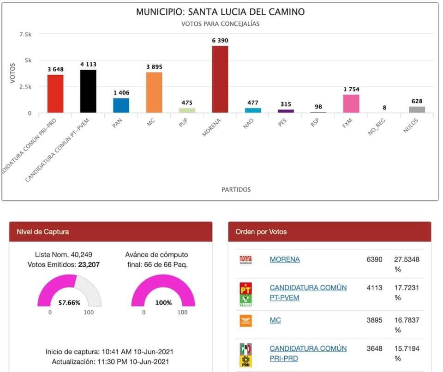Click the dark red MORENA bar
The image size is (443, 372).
click(220, 79)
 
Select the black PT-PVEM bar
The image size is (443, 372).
click(88, 91)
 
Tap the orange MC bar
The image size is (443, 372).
click(154, 92)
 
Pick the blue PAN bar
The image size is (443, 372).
click(121, 105)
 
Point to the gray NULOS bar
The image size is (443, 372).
click(417, 109)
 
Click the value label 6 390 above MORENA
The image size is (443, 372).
click(220, 41)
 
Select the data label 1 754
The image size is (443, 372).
click(351, 90)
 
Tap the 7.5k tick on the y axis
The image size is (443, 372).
click(25, 34)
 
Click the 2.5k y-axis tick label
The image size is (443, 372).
click(25, 87)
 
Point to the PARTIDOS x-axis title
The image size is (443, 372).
click(236, 189)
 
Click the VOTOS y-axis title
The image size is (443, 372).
click(13, 73)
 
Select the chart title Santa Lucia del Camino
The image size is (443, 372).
click(220, 12)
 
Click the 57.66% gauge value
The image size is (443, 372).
click(69, 303)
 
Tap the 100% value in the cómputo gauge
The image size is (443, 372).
click(163, 303)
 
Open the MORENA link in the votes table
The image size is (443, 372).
click(285, 259)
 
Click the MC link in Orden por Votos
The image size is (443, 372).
click(275, 320)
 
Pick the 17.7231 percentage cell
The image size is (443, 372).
click(407, 288)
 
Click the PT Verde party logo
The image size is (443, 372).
click(245, 294)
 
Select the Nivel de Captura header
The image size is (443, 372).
click(43, 232)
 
